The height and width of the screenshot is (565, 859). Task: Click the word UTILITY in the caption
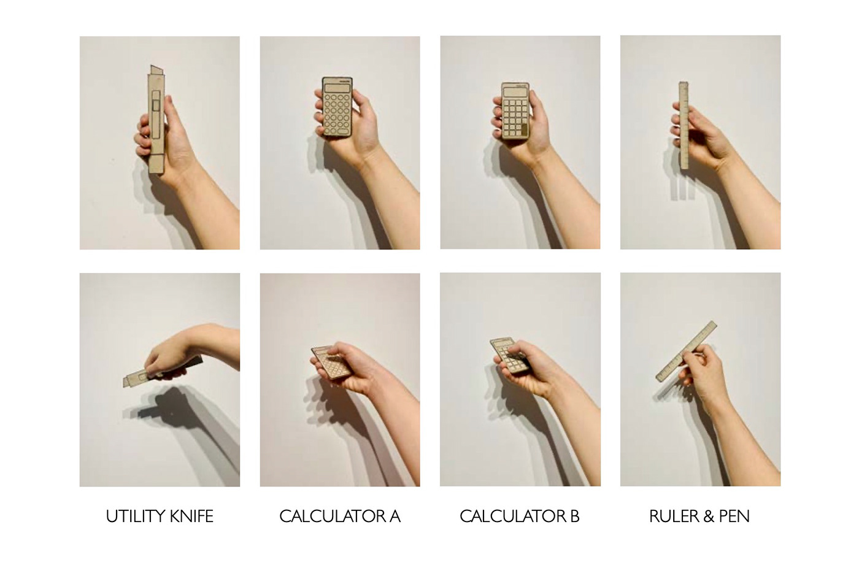pyautogui.click(x=136, y=517)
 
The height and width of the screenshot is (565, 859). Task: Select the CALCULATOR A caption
pyautogui.click(x=340, y=517)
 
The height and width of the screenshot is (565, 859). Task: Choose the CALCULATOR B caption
pyautogui.click(x=520, y=517)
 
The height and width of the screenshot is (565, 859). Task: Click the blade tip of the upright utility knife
pyautogui.click(x=152, y=66)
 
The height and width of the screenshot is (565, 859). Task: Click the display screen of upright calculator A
pyautogui.click(x=337, y=88)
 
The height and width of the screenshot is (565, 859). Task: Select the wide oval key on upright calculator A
pyautogui.click(x=343, y=131)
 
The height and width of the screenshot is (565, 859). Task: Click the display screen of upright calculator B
pyautogui.click(x=515, y=92)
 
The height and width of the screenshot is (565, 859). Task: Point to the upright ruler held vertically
pyautogui.click(x=684, y=125)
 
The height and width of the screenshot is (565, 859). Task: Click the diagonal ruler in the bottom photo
pyautogui.click(x=686, y=352)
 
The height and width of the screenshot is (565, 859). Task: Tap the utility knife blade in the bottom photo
pyautogui.click(x=128, y=381)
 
